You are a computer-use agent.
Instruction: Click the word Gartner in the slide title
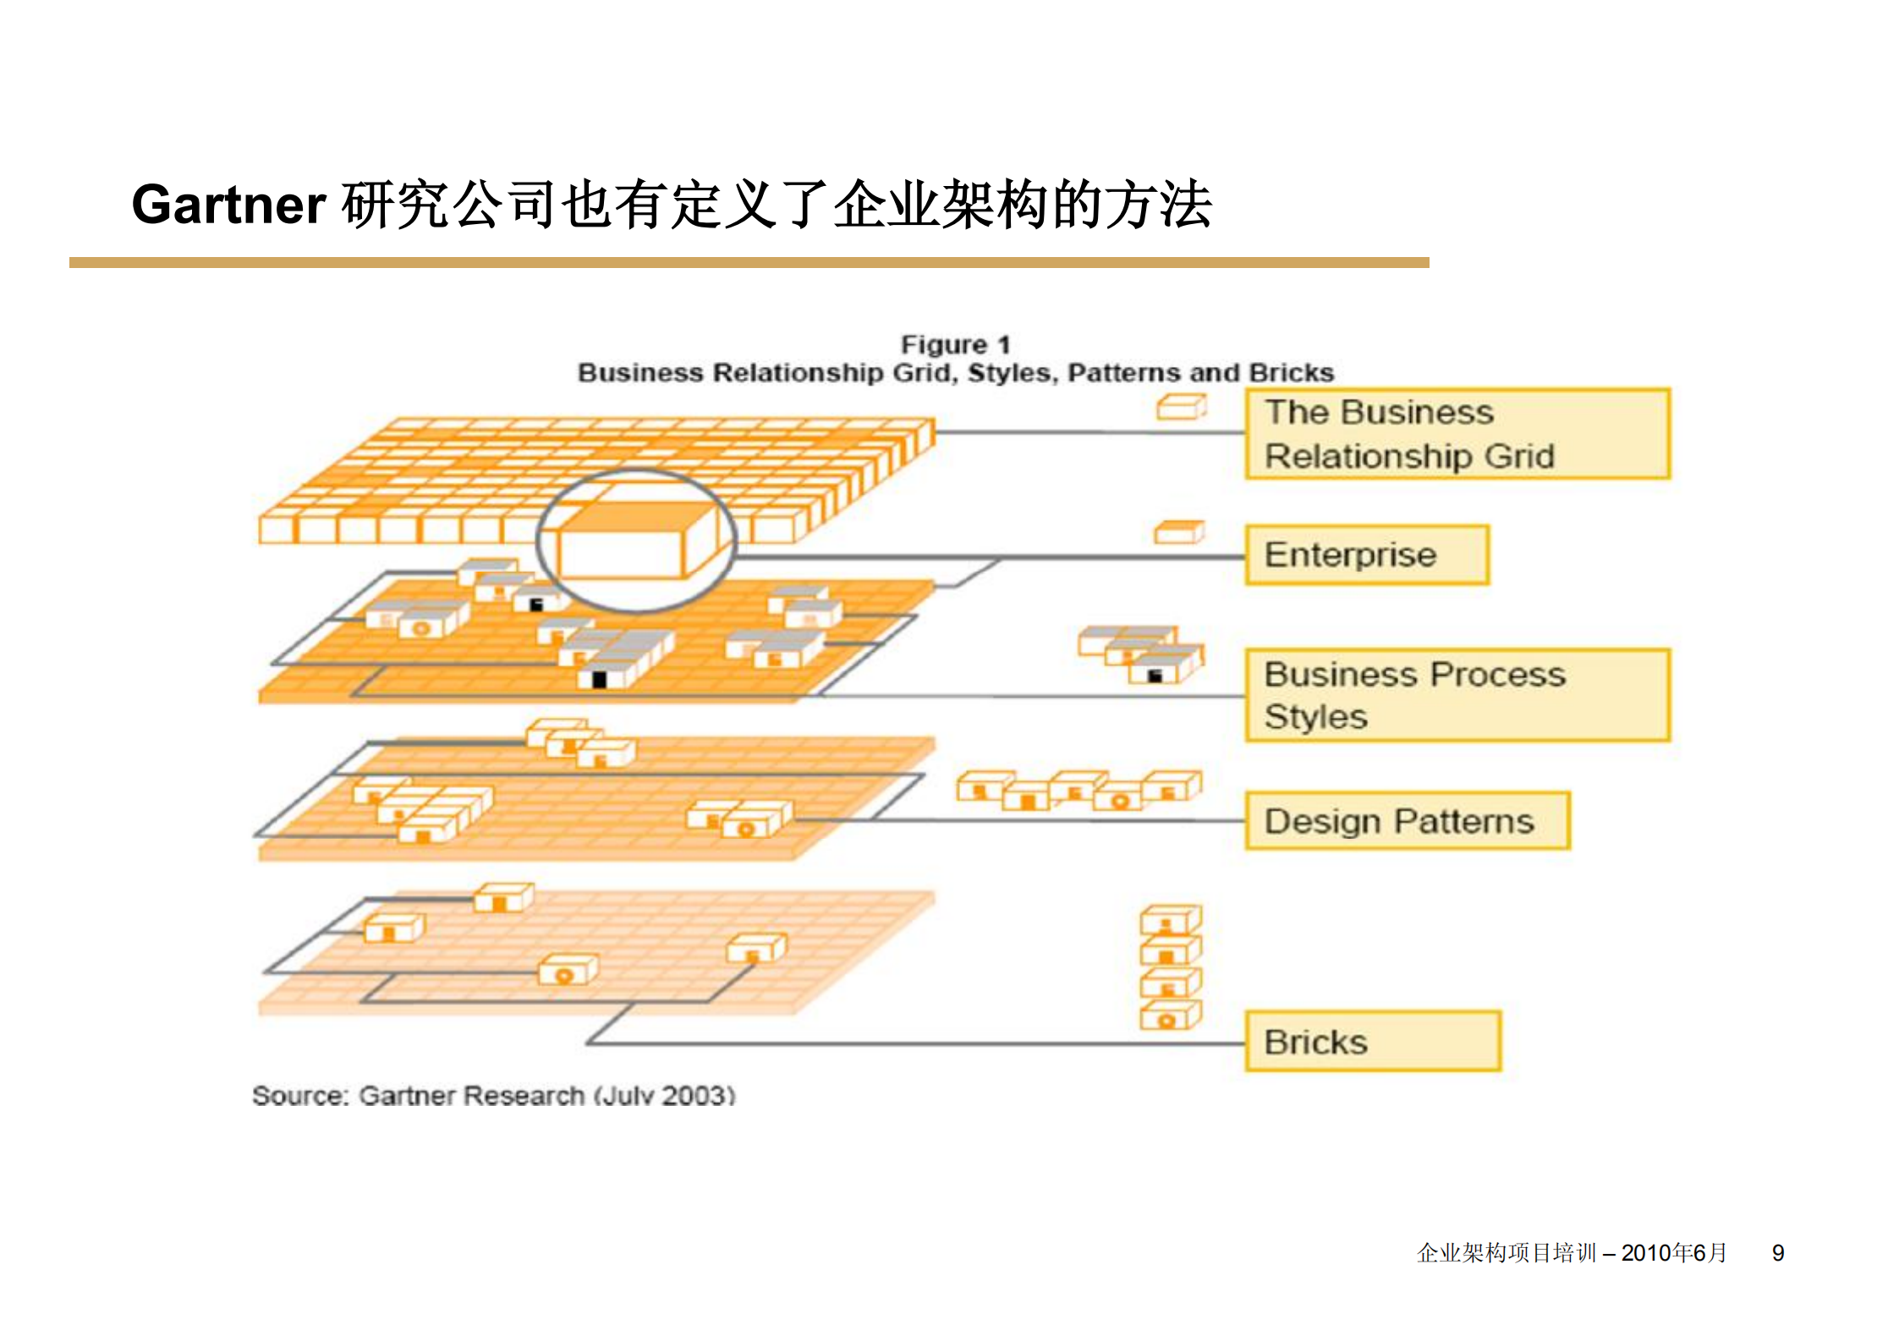pos(228,205)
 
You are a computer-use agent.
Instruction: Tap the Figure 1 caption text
pos(955,345)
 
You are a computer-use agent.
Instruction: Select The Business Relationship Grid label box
pos(1457,435)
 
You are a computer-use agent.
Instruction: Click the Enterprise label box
pos(1367,556)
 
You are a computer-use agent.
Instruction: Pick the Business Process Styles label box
pos(1457,695)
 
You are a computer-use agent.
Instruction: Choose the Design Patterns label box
pos(1408,821)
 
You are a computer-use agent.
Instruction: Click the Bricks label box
pos(1373,1042)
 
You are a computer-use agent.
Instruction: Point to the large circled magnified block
pos(636,541)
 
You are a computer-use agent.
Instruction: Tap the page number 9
pos(1778,1253)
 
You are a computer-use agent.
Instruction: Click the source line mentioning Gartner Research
pos(493,1096)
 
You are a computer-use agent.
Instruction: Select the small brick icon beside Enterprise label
pos(1179,533)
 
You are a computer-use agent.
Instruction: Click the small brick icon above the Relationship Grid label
pos(1181,408)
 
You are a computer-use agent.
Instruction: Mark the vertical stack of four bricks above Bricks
pos(1171,968)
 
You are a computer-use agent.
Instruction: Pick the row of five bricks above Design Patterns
pos(1078,791)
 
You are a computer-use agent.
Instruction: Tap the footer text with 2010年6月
pos(1572,1253)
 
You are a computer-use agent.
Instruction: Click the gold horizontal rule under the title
pos(749,263)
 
